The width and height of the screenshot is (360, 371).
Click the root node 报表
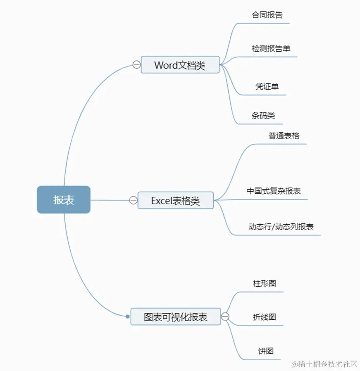click(64, 200)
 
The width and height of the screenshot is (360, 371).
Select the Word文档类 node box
click(180, 65)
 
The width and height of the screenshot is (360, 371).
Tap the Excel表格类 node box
click(176, 200)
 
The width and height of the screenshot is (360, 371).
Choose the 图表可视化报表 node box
click(176, 317)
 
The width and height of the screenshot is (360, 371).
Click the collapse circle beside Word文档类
click(136, 64)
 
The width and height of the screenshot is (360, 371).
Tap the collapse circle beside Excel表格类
click(133, 200)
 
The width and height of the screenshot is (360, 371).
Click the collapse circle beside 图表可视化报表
click(225, 317)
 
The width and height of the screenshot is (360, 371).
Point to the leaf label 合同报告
click(267, 15)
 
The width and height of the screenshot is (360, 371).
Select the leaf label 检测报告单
click(271, 48)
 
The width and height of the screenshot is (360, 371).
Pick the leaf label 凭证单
click(267, 87)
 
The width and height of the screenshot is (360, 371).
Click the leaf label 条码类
click(263, 116)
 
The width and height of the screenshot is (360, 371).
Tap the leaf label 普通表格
click(284, 136)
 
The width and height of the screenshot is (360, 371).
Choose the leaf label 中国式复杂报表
click(274, 191)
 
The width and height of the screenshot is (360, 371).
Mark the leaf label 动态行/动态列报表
click(281, 226)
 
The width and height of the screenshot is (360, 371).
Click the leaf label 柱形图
click(265, 283)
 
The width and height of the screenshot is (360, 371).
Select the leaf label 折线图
click(265, 317)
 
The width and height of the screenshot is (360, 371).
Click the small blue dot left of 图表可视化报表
click(128, 316)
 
